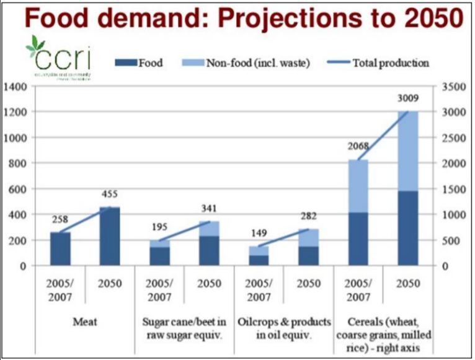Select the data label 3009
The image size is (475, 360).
tap(408, 98)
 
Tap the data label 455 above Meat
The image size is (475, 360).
tap(109, 195)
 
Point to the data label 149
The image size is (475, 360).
tap(257, 234)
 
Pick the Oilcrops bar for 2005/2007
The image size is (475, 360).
tap(259, 256)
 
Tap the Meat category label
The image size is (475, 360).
tap(85, 321)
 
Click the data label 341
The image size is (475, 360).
tap(209, 208)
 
